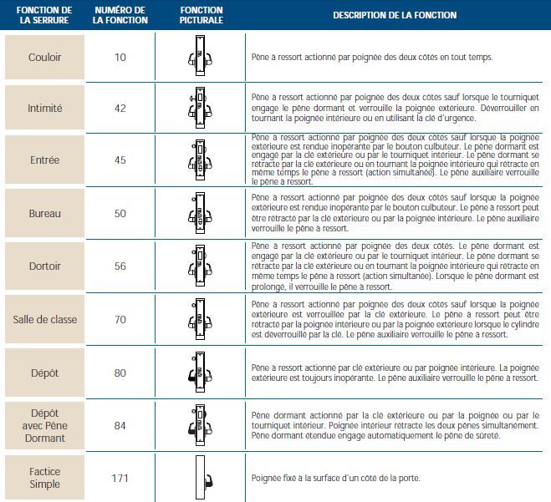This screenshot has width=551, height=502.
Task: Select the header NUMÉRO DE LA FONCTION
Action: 120,15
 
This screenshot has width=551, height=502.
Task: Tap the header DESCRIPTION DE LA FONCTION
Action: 395,15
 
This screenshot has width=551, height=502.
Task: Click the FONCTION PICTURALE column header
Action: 201,15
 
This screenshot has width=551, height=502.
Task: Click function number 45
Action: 120,160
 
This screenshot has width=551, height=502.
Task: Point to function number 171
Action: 120,479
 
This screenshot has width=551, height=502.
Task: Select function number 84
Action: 120,425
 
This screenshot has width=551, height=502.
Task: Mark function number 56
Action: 120,266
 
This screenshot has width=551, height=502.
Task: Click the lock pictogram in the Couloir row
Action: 200,57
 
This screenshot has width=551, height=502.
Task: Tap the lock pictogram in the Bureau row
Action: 200,214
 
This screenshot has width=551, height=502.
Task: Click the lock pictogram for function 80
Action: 200,373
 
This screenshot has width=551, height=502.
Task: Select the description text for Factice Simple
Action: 335,479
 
